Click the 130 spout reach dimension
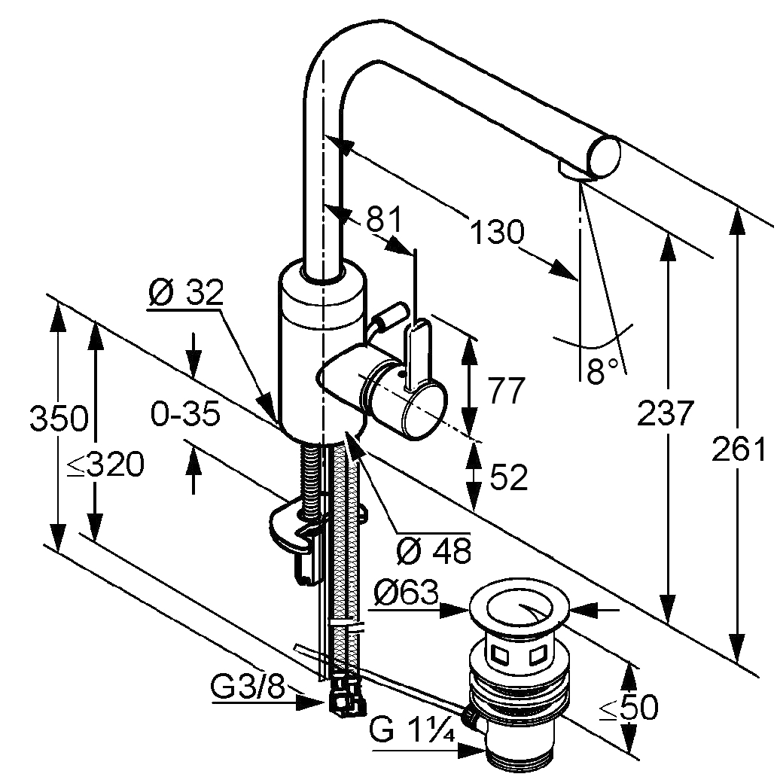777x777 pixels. coord(495,231)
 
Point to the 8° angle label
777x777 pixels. coord(602,371)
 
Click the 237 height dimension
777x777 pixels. coord(664,413)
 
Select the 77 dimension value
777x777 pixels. coord(506,391)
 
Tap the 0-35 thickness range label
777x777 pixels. coord(184,413)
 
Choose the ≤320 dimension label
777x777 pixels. coord(105,467)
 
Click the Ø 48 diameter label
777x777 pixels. coord(433,551)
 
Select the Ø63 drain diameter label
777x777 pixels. coord(405,594)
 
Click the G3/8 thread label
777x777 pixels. coord(248,688)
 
